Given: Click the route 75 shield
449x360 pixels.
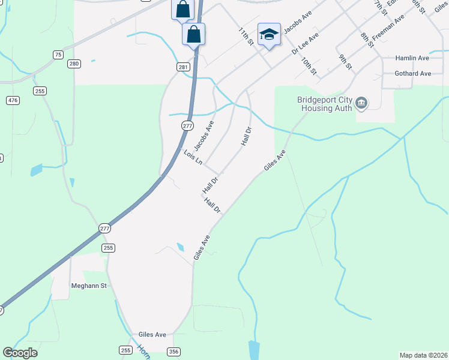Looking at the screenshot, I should click(58, 55).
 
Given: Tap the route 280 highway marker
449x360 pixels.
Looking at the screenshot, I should click(74, 64).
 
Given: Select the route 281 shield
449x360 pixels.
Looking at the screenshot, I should click(184, 67).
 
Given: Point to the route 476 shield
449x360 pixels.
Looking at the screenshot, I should click(13, 100).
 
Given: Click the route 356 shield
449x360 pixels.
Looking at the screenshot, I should click(173, 352).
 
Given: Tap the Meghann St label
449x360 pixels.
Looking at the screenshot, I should click(88, 286).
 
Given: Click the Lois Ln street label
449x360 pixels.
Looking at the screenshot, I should click(193, 158).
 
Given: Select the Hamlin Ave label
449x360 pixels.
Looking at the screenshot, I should click(412, 58).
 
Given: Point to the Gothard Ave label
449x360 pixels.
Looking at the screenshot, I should click(413, 74).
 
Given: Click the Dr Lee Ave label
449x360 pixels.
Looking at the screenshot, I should click(305, 43).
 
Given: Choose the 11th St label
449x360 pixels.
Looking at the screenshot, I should click(246, 35).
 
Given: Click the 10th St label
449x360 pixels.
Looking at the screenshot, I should click(309, 66).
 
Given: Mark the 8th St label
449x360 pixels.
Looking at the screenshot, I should click(367, 40).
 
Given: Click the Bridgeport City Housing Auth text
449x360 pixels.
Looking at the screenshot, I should click(324, 104).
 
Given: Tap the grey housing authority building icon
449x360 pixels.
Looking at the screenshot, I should click(361, 104).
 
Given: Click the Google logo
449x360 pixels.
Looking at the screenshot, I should click(20, 353).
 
